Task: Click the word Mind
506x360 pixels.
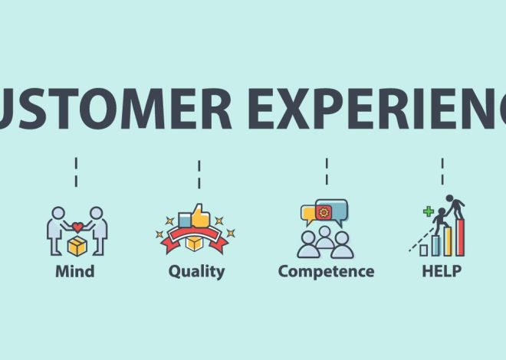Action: click(x=74, y=271)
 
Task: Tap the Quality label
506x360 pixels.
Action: click(x=197, y=271)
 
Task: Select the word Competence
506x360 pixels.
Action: click(x=326, y=271)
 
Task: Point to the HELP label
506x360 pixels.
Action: click(x=442, y=271)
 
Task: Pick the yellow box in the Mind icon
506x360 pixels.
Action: click(x=77, y=245)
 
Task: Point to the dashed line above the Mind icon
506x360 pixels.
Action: click(x=75, y=172)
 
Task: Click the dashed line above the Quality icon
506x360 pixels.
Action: click(x=199, y=173)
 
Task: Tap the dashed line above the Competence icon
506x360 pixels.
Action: click(x=327, y=172)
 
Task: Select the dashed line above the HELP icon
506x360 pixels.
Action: click(x=442, y=172)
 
